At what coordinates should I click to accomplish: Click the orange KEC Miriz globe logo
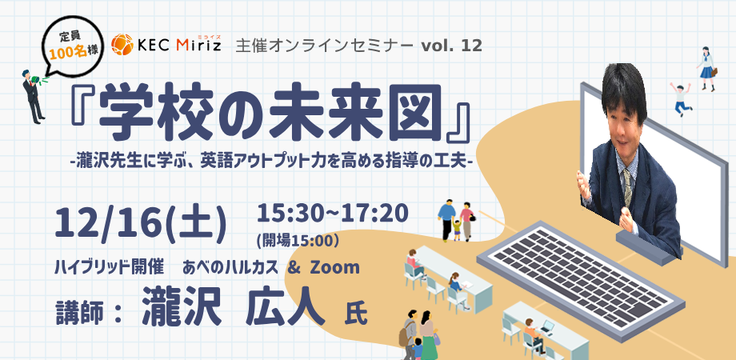[x=122, y=45]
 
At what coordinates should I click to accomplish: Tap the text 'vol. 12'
[x=451, y=46]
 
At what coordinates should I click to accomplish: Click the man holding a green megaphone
[x=34, y=96]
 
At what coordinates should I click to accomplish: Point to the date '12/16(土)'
[x=141, y=222]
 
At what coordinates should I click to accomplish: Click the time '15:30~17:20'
[x=332, y=214]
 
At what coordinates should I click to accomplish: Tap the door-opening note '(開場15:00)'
[x=298, y=240]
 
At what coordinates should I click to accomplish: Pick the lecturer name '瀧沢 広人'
[x=234, y=306]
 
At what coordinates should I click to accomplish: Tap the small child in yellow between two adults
[x=457, y=230]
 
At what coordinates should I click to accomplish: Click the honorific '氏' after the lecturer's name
[x=356, y=314]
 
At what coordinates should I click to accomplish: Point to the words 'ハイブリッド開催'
[x=109, y=267]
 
